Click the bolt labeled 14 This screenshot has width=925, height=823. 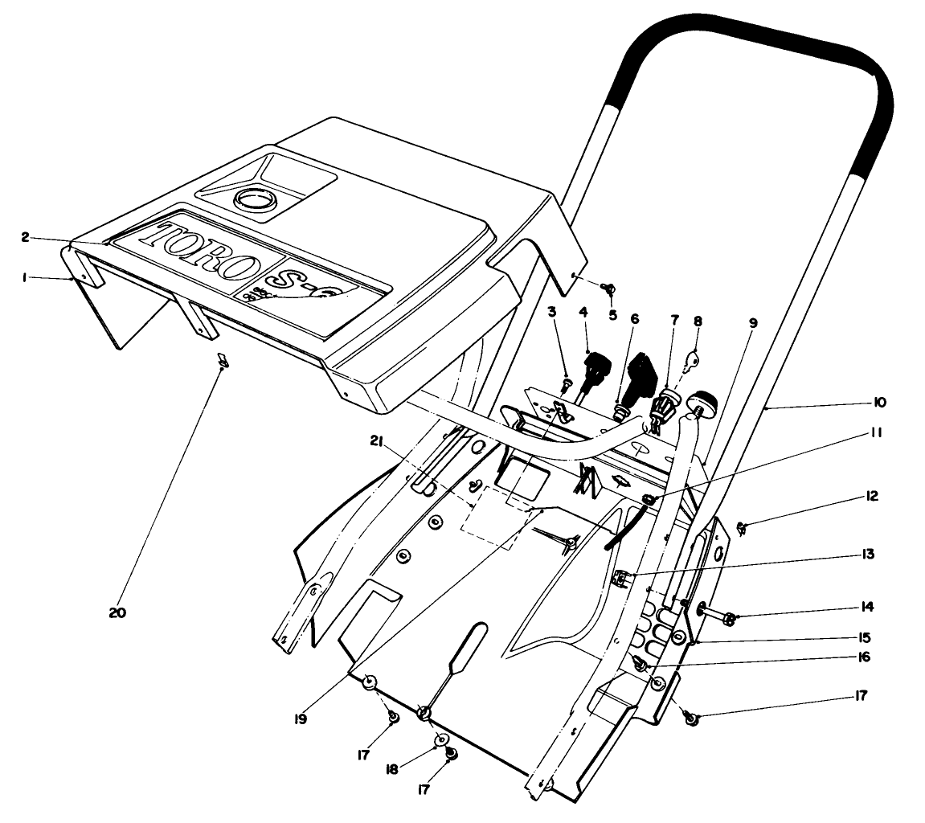(x=717, y=615)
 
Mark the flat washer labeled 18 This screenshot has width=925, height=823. (x=441, y=739)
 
